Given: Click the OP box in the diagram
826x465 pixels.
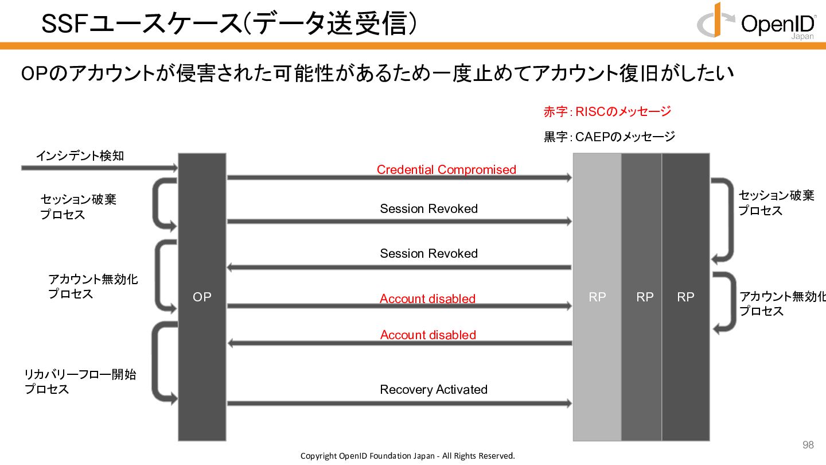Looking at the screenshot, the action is click(x=202, y=297).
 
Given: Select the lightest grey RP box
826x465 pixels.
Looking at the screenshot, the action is click(x=597, y=297).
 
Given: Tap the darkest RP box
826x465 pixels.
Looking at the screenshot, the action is click(x=685, y=297).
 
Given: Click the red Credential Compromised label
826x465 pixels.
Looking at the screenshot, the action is click(x=446, y=169).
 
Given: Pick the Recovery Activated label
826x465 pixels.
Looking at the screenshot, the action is click(x=434, y=389).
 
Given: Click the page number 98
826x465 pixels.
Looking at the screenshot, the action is click(x=808, y=445).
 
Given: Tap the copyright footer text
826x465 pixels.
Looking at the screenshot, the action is click(x=408, y=456).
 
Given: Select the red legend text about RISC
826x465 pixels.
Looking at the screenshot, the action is click(x=607, y=111).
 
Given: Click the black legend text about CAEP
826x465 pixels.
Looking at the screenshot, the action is click(x=609, y=137).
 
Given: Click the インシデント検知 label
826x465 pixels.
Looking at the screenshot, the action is click(x=80, y=156).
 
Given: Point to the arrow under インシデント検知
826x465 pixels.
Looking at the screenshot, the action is click(x=100, y=168).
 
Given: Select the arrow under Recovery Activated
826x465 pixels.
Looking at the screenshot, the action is click(x=399, y=404).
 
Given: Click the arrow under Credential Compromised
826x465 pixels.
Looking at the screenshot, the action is click(x=399, y=177).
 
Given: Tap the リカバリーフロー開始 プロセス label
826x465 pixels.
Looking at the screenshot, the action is click(x=80, y=382).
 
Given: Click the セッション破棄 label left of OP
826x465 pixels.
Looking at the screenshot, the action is click(x=79, y=207).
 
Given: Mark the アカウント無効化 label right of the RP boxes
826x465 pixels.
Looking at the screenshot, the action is click(x=782, y=304).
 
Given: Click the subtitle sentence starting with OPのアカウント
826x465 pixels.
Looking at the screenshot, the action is click(x=377, y=73).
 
